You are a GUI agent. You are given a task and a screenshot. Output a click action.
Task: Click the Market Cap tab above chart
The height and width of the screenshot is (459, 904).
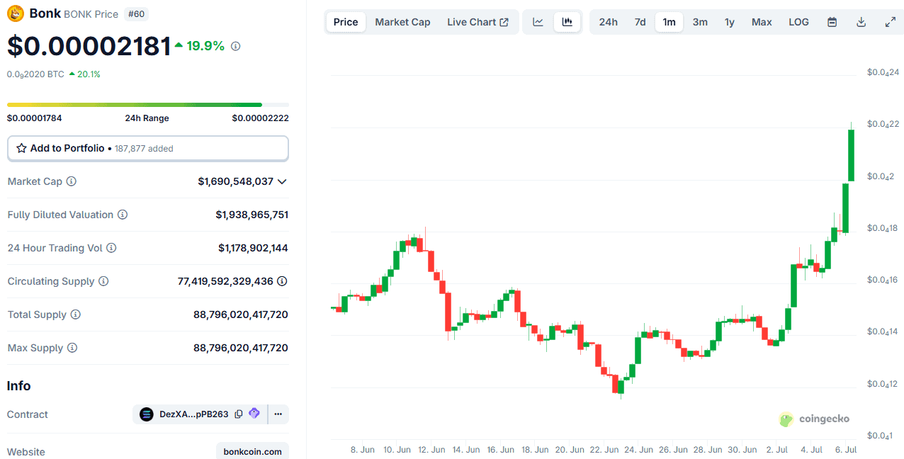tap(402, 22)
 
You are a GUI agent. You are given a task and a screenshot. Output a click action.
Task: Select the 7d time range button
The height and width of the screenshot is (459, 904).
tap(640, 22)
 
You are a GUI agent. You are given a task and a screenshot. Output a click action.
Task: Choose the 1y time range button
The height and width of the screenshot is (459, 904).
tap(729, 22)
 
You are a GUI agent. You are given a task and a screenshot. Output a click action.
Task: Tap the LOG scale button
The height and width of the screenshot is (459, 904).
tap(798, 22)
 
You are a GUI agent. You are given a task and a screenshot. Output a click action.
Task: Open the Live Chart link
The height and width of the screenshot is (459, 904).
tap(478, 22)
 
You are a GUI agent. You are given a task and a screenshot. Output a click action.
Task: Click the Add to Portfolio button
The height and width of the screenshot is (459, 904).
tap(147, 149)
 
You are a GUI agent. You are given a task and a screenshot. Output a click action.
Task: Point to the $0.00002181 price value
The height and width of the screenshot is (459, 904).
tap(89, 46)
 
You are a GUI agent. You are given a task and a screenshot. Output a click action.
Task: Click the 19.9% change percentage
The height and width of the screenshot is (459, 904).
tap(205, 46)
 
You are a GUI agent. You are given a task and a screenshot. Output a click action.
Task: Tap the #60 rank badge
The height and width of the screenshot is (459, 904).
tap(136, 13)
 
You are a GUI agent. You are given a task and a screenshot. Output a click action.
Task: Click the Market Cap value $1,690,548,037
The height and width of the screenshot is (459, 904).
tap(235, 181)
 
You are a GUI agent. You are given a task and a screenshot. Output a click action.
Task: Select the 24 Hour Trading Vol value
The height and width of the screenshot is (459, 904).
tap(253, 248)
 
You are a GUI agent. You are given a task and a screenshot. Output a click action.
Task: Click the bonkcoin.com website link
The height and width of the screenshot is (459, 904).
tap(252, 451)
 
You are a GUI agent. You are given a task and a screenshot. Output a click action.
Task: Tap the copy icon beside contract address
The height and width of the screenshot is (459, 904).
tap(239, 414)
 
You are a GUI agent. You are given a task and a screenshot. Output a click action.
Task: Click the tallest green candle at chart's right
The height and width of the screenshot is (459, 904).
tap(851, 154)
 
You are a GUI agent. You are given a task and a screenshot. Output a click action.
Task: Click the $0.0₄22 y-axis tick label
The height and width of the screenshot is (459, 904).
tap(882, 125)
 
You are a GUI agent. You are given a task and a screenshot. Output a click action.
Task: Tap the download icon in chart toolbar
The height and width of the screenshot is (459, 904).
tap(861, 22)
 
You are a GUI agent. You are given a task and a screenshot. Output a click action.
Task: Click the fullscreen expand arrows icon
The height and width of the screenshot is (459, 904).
tap(891, 22)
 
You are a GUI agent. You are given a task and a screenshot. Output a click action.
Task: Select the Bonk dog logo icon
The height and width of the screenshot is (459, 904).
tap(15, 13)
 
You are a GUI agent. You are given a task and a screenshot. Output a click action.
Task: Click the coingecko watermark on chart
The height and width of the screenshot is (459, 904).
tap(814, 419)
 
